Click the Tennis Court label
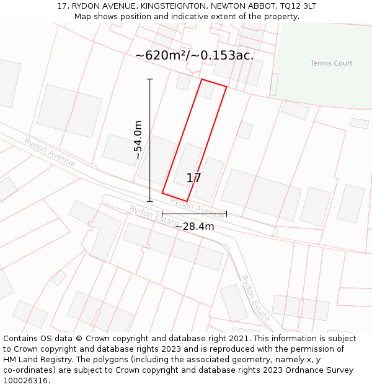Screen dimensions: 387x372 coord(331,63)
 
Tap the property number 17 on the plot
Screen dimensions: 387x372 coord(193,178)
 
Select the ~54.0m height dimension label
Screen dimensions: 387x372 coord(138,141)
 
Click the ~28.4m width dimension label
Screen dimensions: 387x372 coord(194,227)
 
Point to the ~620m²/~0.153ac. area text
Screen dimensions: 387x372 coord(194,56)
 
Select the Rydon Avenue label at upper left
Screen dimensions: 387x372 coord(50,152)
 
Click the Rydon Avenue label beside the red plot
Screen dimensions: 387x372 coord(197,205)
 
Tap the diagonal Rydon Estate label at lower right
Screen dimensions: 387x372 coord(255,298)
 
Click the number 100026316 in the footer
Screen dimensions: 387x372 coord(27,381)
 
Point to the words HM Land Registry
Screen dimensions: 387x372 coord(37,360)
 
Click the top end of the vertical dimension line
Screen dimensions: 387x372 coord(149,79)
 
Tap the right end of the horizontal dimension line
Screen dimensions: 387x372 coord(226,214)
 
